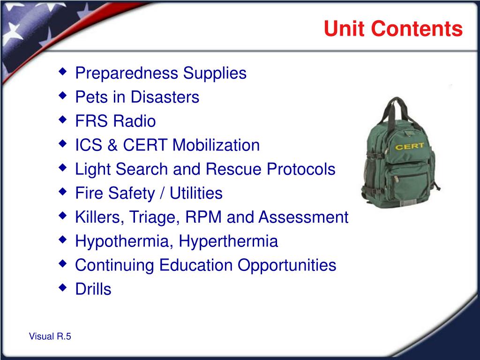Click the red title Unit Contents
click(x=393, y=29)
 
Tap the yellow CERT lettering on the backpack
click(x=410, y=146)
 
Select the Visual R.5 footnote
click(x=50, y=336)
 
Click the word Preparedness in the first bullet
click(x=127, y=74)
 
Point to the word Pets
click(x=91, y=97)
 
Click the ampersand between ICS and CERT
click(x=112, y=145)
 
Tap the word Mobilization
click(x=216, y=145)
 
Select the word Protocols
click(x=301, y=169)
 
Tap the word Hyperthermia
click(x=228, y=241)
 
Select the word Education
click(x=196, y=265)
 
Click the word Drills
click(x=93, y=289)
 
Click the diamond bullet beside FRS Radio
click(x=62, y=120)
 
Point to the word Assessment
click(x=303, y=217)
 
